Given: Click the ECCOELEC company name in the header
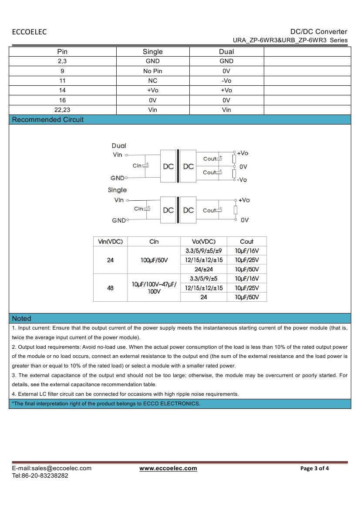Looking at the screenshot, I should coord(29,32).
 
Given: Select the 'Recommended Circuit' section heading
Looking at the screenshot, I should coord(47,120).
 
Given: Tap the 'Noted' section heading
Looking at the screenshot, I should coord(21,318).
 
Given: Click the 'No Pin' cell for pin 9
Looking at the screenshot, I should coord(152,71).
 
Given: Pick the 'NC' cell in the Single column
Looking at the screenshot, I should coord(152,81).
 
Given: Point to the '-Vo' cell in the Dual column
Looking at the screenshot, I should coord(226,81).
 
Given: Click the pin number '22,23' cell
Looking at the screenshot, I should coord(62,110).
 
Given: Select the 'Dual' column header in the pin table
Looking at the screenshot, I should coord(226,52).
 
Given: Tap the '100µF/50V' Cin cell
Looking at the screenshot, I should coord(154,260).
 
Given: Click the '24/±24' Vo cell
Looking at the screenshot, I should coord(203,269).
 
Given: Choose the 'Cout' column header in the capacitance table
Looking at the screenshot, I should coord(246,242).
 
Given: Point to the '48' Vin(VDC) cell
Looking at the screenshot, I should coord(110,287).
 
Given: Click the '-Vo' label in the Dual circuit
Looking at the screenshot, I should coord(242,180).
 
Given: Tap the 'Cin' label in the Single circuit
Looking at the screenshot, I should coord(138,209).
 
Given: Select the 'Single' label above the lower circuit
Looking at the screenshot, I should coord(117,190).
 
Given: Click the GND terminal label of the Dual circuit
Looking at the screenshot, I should coord(118,178).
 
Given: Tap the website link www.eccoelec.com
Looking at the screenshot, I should coord(168,469).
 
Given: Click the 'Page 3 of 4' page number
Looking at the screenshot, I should coord(315,469).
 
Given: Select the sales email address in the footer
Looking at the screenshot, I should coord(51,469).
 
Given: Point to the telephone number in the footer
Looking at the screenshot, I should coord(40,475).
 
